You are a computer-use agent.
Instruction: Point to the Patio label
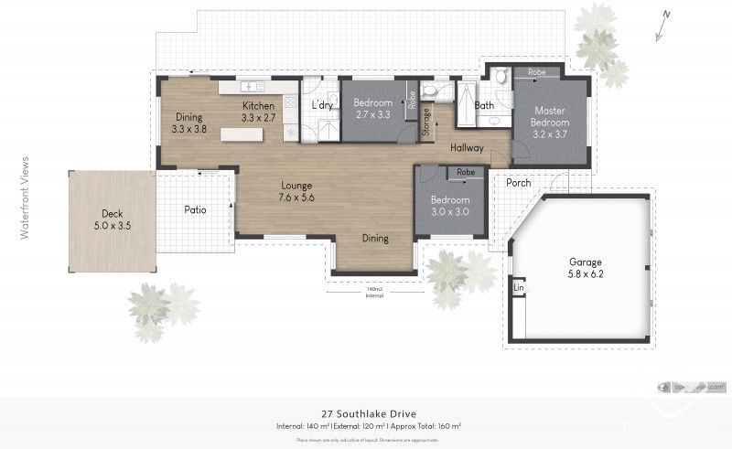(x=195, y=209)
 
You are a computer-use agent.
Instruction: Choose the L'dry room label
(x=322, y=106)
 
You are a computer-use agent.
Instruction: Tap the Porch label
(x=519, y=182)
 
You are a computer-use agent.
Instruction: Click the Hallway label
(x=467, y=147)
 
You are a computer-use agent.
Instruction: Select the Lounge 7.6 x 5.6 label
(x=297, y=189)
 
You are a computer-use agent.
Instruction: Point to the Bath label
(x=484, y=105)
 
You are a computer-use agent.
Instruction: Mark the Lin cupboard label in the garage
(x=519, y=289)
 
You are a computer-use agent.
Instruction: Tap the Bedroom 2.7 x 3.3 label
(x=373, y=108)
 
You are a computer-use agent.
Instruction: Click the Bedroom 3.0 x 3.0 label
(x=450, y=206)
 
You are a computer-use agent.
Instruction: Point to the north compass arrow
(x=665, y=16)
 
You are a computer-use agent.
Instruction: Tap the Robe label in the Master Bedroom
(x=537, y=71)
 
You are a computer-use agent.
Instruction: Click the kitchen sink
(x=253, y=86)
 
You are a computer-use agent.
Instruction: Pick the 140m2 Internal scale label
(x=373, y=292)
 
